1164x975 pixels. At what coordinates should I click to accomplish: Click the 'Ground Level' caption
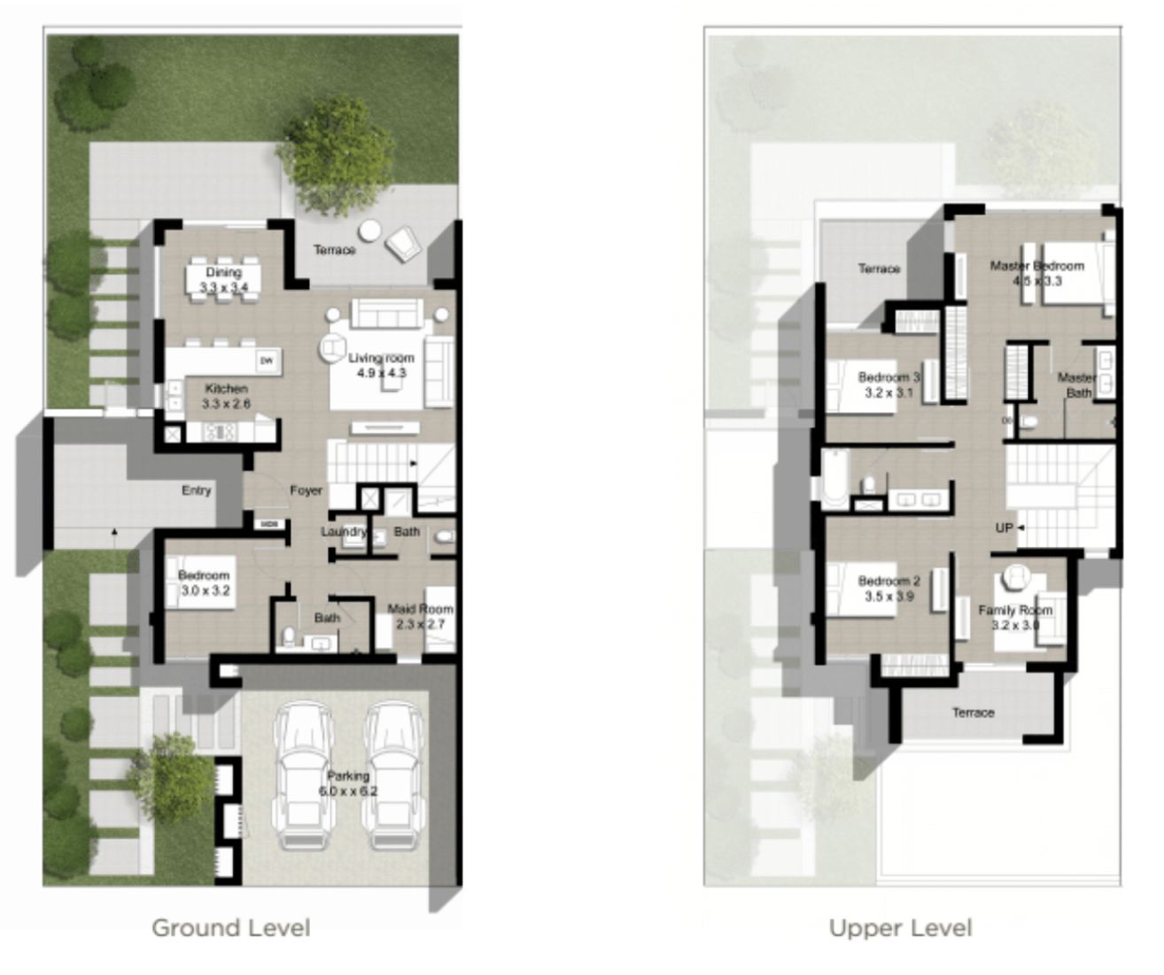click(x=231, y=928)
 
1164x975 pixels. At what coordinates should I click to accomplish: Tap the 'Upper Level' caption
click(x=900, y=928)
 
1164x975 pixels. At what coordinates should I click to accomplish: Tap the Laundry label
click(x=344, y=532)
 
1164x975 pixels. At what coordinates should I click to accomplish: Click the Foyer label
click(x=307, y=490)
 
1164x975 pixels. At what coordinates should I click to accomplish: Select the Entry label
click(x=197, y=490)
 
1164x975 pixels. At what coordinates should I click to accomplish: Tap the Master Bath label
click(x=1077, y=385)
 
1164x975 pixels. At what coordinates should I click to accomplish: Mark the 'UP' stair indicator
click(x=1004, y=528)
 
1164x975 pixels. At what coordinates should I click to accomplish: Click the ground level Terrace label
click(x=335, y=250)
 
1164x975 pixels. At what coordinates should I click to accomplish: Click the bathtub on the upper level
click(x=834, y=479)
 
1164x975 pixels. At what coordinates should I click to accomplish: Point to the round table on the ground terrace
click(x=370, y=230)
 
